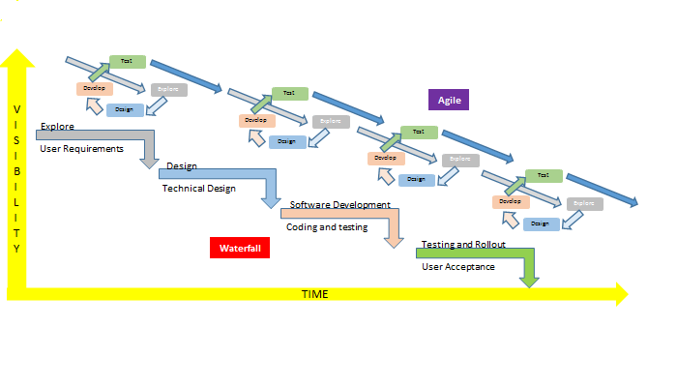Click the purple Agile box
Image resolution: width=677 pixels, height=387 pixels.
tap(448, 99)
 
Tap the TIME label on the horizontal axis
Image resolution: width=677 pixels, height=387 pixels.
tap(315, 294)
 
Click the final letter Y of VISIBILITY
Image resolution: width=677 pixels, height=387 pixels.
tap(16, 248)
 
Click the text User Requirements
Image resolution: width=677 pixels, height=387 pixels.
tap(81, 149)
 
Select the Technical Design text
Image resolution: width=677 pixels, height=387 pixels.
tap(198, 189)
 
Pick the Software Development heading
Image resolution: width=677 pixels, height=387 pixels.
tap(340, 205)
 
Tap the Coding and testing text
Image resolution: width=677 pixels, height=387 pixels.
tap(325, 226)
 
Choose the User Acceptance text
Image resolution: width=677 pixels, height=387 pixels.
tap(458, 266)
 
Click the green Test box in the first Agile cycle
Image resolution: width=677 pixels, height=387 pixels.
tap(128, 61)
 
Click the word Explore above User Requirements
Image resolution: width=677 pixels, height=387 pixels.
tap(57, 126)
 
